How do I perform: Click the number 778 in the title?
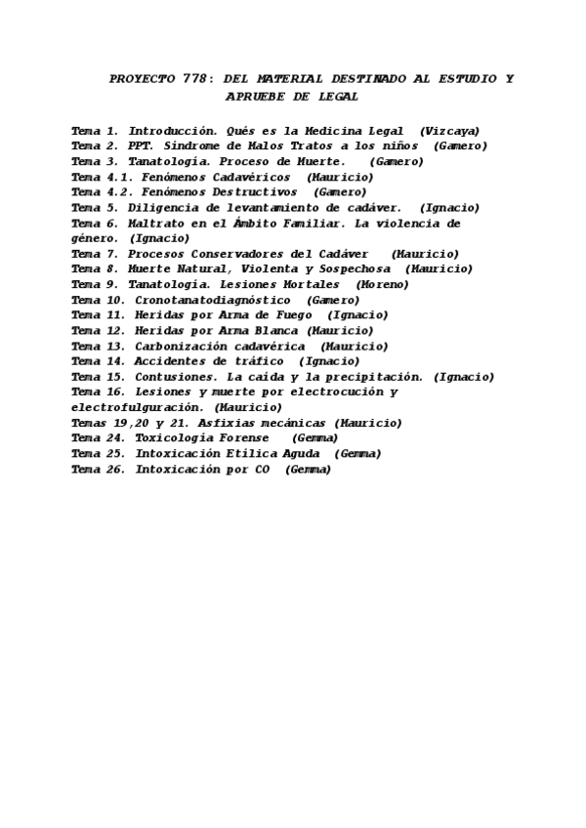196,79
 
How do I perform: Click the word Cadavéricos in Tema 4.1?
251,177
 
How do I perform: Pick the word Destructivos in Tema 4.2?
258,192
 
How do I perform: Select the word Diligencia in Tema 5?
164,208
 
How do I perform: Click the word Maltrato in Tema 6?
156,224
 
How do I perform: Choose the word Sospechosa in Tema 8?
355,269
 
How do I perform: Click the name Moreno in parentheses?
383,284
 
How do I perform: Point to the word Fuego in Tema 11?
291,315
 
